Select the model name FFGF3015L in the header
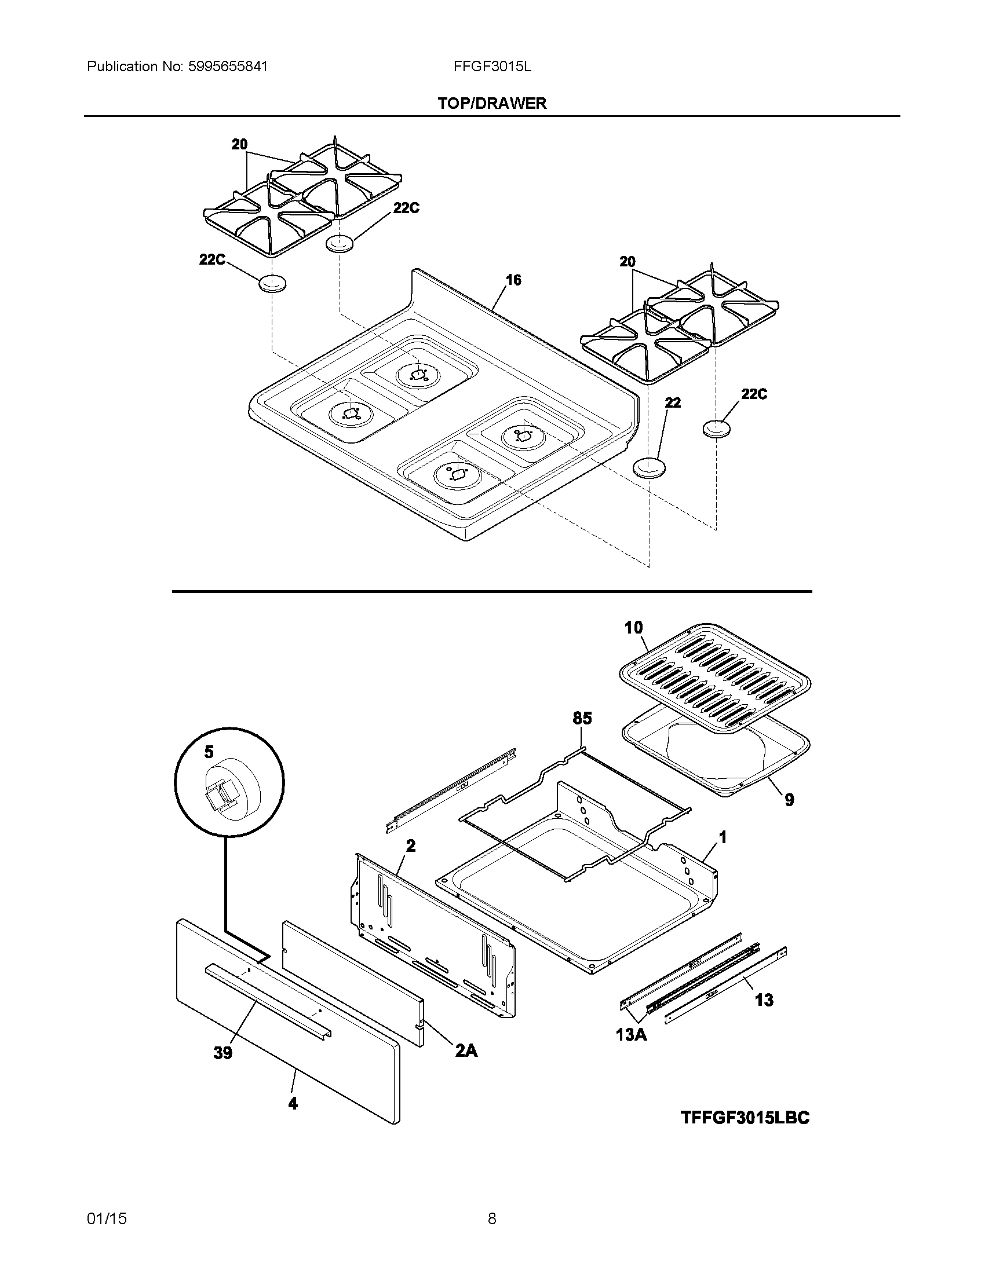(x=492, y=67)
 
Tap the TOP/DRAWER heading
(x=492, y=103)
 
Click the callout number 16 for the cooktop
(x=513, y=280)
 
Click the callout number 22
(x=673, y=402)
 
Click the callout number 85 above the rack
(x=582, y=718)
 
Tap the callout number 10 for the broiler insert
(x=633, y=628)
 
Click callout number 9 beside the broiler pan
(x=789, y=800)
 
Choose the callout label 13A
(x=632, y=1035)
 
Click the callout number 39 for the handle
(x=223, y=1053)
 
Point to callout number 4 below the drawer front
(x=293, y=1103)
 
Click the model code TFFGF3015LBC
(x=745, y=1118)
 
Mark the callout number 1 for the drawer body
(x=723, y=838)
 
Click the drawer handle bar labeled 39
(x=268, y=1002)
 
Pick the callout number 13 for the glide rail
(x=764, y=1000)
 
